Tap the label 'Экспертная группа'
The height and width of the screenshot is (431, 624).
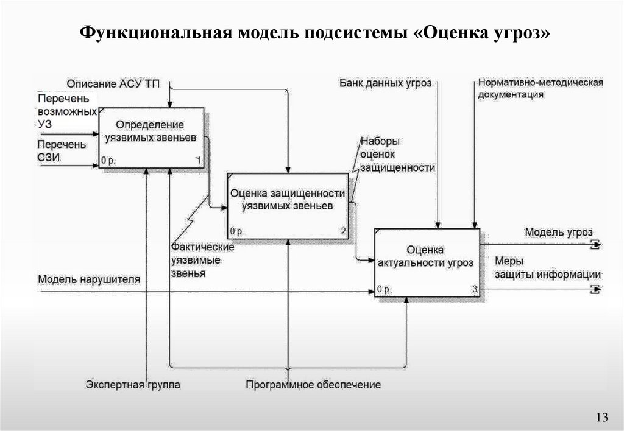(x=133, y=384)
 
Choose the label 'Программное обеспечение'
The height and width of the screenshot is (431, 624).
(x=313, y=384)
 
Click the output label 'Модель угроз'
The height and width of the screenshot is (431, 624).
(x=558, y=233)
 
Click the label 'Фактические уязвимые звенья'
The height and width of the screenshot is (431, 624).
(x=195, y=261)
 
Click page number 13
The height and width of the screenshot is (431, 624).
(x=602, y=416)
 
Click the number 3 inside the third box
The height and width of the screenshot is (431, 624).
(x=474, y=289)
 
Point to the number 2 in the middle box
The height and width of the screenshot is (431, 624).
(x=343, y=231)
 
